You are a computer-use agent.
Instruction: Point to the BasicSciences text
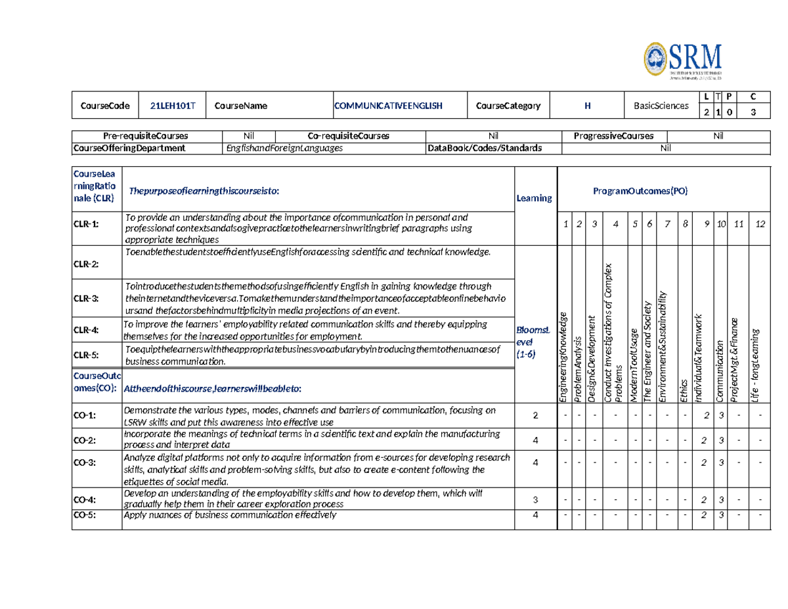[661, 106]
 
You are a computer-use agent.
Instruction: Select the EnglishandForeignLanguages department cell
[284, 148]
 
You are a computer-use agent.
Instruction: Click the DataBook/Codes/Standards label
[485, 148]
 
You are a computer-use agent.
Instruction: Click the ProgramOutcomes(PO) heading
[640, 191]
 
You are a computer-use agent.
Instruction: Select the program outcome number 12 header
[760, 225]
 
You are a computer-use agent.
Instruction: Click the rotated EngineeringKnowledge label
[562, 355]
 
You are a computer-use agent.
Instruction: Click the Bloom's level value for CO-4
[536, 500]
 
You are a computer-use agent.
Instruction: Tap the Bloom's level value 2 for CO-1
[536, 416]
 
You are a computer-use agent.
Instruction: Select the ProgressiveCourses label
[613, 137]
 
